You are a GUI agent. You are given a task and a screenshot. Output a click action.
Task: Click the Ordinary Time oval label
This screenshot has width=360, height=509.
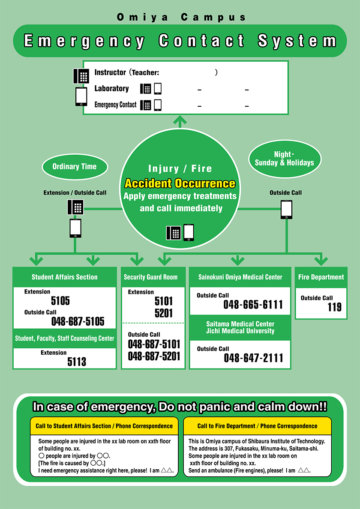(x=75, y=167)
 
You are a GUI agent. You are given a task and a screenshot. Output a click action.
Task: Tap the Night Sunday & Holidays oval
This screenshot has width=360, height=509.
(x=284, y=159)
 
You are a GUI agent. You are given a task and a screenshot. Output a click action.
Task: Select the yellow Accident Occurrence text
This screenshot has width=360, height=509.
(x=180, y=184)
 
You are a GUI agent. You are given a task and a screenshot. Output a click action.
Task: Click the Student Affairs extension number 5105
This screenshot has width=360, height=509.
(x=60, y=300)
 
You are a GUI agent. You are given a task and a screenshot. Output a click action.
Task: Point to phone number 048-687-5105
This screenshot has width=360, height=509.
(x=78, y=321)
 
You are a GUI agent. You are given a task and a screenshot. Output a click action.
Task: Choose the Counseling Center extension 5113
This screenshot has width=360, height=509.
(x=77, y=362)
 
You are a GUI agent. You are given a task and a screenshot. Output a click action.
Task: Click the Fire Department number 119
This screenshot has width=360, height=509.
(x=334, y=307)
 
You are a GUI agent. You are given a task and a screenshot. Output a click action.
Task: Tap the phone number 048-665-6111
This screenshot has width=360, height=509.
(x=253, y=305)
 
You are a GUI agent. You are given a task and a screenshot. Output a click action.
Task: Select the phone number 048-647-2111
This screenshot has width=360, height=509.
(x=253, y=358)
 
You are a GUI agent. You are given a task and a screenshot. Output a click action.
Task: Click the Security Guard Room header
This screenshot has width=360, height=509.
(x=150, y=277)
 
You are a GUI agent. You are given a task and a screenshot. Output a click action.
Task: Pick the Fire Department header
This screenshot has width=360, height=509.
(x=321, y=277)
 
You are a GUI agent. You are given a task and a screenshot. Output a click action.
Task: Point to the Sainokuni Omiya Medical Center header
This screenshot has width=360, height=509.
(x=240, y=277)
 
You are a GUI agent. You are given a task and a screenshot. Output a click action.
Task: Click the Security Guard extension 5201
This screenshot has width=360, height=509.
(x=164, y=313)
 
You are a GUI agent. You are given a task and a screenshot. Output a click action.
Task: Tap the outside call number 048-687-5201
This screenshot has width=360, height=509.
(x=154, y=356)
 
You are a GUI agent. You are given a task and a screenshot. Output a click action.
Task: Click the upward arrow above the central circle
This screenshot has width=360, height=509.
(x=180, y=121)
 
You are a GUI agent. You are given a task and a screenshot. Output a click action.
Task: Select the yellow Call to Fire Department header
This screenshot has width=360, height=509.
(x=257, y=426)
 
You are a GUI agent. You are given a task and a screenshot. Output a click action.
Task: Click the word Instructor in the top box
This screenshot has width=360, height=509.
(x=110, y=72)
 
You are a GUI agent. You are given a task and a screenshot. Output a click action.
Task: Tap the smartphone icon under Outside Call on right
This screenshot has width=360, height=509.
(x=286, y=210)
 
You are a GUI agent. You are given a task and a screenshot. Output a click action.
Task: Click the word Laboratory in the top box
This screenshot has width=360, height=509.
(x=111, y=89)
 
